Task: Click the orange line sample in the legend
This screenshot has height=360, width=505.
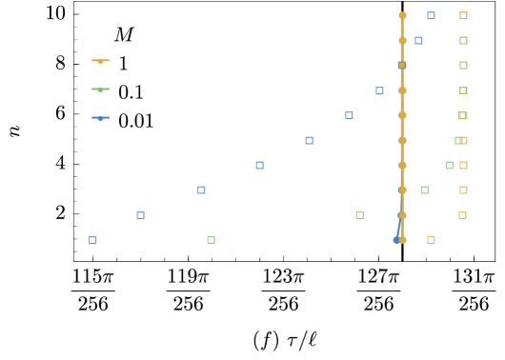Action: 101,61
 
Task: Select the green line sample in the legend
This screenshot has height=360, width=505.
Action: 101,90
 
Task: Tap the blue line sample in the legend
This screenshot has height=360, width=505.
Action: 101,118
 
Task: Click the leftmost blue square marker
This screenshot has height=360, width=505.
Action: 92,240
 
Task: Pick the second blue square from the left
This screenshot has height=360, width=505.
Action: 140,215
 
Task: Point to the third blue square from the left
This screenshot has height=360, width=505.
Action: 201,190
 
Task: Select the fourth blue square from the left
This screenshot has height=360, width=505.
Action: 259,166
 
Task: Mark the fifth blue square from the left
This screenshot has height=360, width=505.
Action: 309,141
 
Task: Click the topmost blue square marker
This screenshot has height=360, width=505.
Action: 431,15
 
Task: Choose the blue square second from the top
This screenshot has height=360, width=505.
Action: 418,41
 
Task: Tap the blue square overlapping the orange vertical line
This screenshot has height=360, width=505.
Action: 402,66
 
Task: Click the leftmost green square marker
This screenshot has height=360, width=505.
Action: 211,240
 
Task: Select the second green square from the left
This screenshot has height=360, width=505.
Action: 359,215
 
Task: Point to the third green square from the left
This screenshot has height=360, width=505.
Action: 424,190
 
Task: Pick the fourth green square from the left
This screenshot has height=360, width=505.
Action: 449,166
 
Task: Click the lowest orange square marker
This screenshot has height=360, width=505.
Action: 431,240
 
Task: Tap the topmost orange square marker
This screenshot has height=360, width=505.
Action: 463,15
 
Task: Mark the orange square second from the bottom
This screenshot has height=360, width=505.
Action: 462,215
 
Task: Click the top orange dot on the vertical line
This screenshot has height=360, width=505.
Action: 402,15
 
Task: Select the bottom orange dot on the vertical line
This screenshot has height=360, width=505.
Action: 402,240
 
